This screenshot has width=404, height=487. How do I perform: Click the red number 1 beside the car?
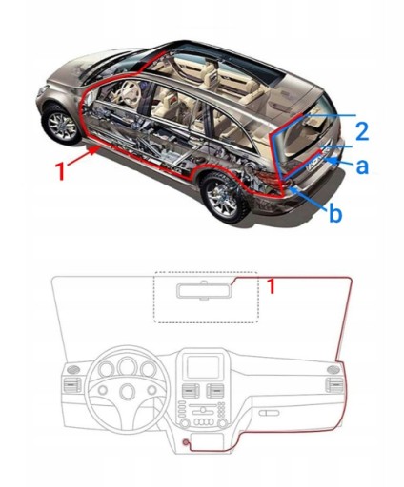pyautogui.click(x=60, y=170)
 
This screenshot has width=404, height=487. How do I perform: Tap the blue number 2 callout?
pyautogui.click(x=362, y=131)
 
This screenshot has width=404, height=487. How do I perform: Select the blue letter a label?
pyautogui.click(x=362, y=166)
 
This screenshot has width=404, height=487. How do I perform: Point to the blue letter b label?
pyautogui.click(x=335, y=213)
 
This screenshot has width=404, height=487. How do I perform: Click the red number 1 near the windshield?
pyautogui.click(x=271, y=286)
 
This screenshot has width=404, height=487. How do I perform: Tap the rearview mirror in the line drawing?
pyautogui.click(x=204, y=290)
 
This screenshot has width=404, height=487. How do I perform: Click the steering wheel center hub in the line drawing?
pyautogui.click(x=127, y=391)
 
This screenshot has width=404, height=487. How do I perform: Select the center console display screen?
pyautogui.click(x=203, y=367)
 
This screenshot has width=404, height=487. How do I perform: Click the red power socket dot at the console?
pyautogui.click(x=185, y=441)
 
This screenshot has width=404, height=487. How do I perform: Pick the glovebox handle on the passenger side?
pyautogui.click(x=269, y=413)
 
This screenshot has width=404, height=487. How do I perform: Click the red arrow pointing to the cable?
pyautogui.click(x=82, y=156)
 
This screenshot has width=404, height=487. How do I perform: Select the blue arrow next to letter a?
pyautogui.click(x=340, y=161)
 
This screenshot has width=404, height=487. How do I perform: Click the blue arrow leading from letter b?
pyautogui.click(x=309, y=198)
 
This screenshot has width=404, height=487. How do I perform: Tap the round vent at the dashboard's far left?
pyautogui.click(x=73, y=369)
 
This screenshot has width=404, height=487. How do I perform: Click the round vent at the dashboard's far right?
pyautogui.click(x=333, y=369)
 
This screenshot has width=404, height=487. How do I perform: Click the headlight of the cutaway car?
pyautogui.click(x=42, y=91)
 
